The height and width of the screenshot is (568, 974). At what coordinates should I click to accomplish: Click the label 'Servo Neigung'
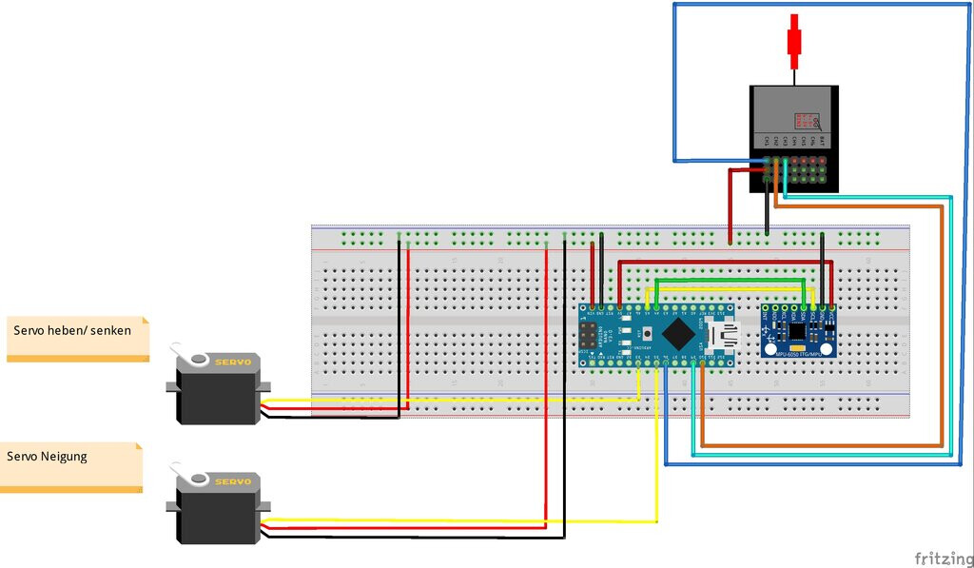(x=48, y=456)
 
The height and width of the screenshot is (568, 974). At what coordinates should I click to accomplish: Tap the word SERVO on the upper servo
(x=232, y=362)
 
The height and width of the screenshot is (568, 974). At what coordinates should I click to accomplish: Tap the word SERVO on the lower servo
(x=232, y=481)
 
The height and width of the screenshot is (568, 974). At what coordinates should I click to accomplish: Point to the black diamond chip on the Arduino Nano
(x=677, y=334)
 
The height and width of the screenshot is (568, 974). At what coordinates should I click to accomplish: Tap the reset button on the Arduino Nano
(x=648, y=334)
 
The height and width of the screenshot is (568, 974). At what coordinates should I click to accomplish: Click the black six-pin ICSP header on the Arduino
(x=589, y=335)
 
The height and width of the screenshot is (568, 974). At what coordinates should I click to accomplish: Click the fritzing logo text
(x=941, y=558)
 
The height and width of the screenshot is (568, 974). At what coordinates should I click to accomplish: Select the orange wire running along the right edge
(x=941, y=323)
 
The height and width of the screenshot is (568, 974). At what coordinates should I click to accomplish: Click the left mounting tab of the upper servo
(x=172, y=387)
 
